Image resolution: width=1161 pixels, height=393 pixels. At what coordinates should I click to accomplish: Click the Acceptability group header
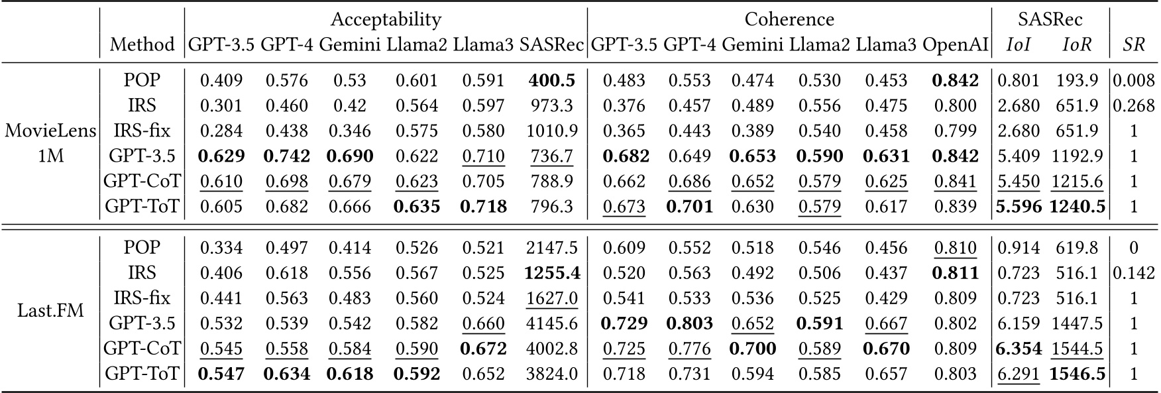click(386, 19)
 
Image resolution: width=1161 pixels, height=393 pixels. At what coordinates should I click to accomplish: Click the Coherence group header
click(789, 19)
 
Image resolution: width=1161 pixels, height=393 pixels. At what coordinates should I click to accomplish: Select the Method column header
click(142, 44)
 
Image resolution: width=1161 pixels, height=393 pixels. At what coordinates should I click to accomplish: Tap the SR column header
click(1134, 44)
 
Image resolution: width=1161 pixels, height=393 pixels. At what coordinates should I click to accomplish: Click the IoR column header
click(1077, 44)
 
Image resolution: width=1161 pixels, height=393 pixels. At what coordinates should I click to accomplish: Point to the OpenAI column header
click(955, 44)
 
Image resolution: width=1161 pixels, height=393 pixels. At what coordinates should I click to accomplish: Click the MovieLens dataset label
click(51, 131)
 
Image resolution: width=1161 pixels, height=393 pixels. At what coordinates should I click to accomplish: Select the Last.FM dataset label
click(51, 309)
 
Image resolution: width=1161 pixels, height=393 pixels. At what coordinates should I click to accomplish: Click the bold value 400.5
click(552, 80)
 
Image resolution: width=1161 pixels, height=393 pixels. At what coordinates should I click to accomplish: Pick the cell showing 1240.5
click(1077, 207)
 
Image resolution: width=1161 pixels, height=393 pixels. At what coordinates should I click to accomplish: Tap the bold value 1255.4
click(552, 272)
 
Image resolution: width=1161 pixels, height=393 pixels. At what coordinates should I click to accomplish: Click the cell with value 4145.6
click(552, 323)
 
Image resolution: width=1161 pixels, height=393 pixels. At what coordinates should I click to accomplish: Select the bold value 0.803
click(689, 323)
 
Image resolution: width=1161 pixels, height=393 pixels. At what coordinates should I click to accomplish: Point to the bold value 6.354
click(1018, 349)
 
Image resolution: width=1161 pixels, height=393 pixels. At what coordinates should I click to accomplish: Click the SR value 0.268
click(1134, 105)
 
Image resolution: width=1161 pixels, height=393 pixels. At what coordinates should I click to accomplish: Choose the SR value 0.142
click(1134, 272)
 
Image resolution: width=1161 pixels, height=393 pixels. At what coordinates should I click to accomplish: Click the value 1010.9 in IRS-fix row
click(552, 131)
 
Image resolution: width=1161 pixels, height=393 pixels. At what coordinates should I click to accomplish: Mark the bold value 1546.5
click(1077, 374)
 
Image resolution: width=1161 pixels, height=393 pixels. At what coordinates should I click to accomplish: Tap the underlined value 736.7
click(552, 156)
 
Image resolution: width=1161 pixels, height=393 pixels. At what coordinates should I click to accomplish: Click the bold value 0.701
click(689, 207)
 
